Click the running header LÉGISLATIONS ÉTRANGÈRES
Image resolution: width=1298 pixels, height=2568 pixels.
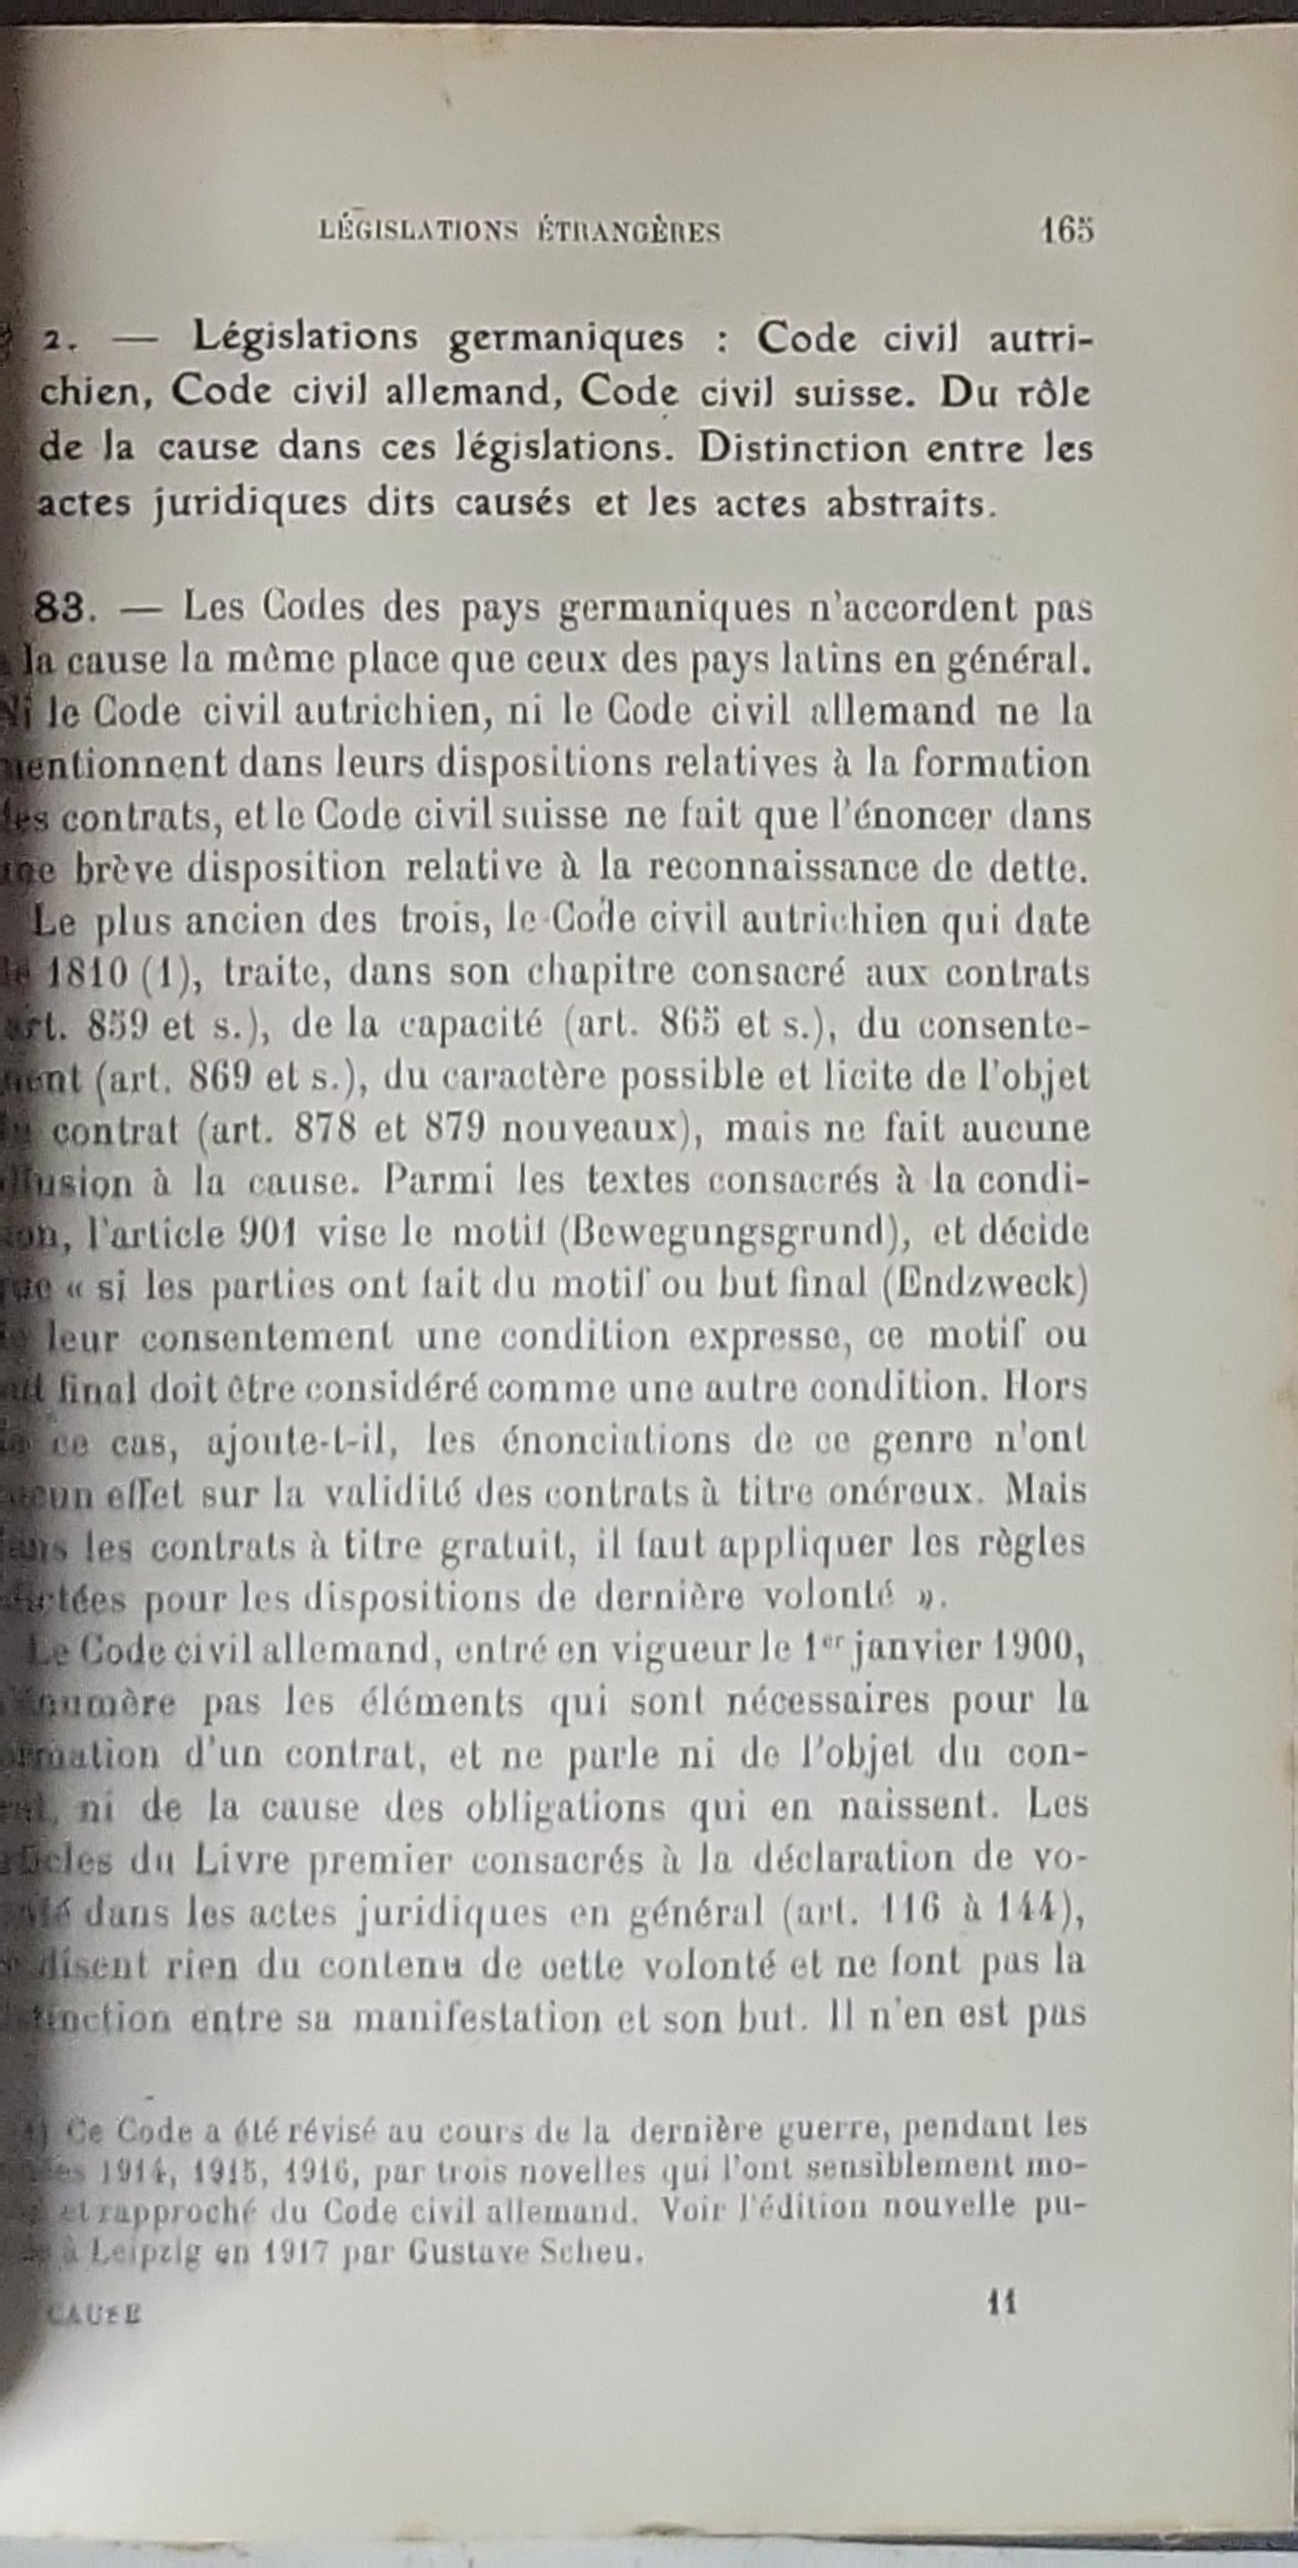click(519, 233)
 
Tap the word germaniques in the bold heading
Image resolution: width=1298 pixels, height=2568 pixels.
click(565, 339)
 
